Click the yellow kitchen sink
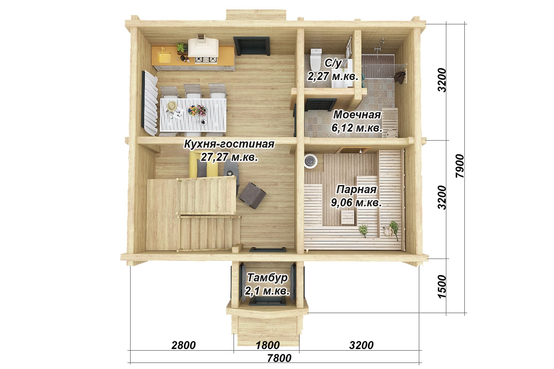click(165, 57)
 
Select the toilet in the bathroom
click(315, 59)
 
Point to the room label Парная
click(356, 189)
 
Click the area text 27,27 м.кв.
click(229, 157)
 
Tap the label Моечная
click(357, 115)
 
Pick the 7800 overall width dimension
click(279, 358)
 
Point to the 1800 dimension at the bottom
click(268, 345)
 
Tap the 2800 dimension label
click(183, 345)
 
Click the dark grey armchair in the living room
click(252, 196)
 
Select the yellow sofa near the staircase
click(203, 165)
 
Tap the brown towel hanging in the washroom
click(399, 77)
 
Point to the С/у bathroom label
click(333, 64)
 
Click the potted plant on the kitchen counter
click(182, 48)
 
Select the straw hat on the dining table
click(172, 106)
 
